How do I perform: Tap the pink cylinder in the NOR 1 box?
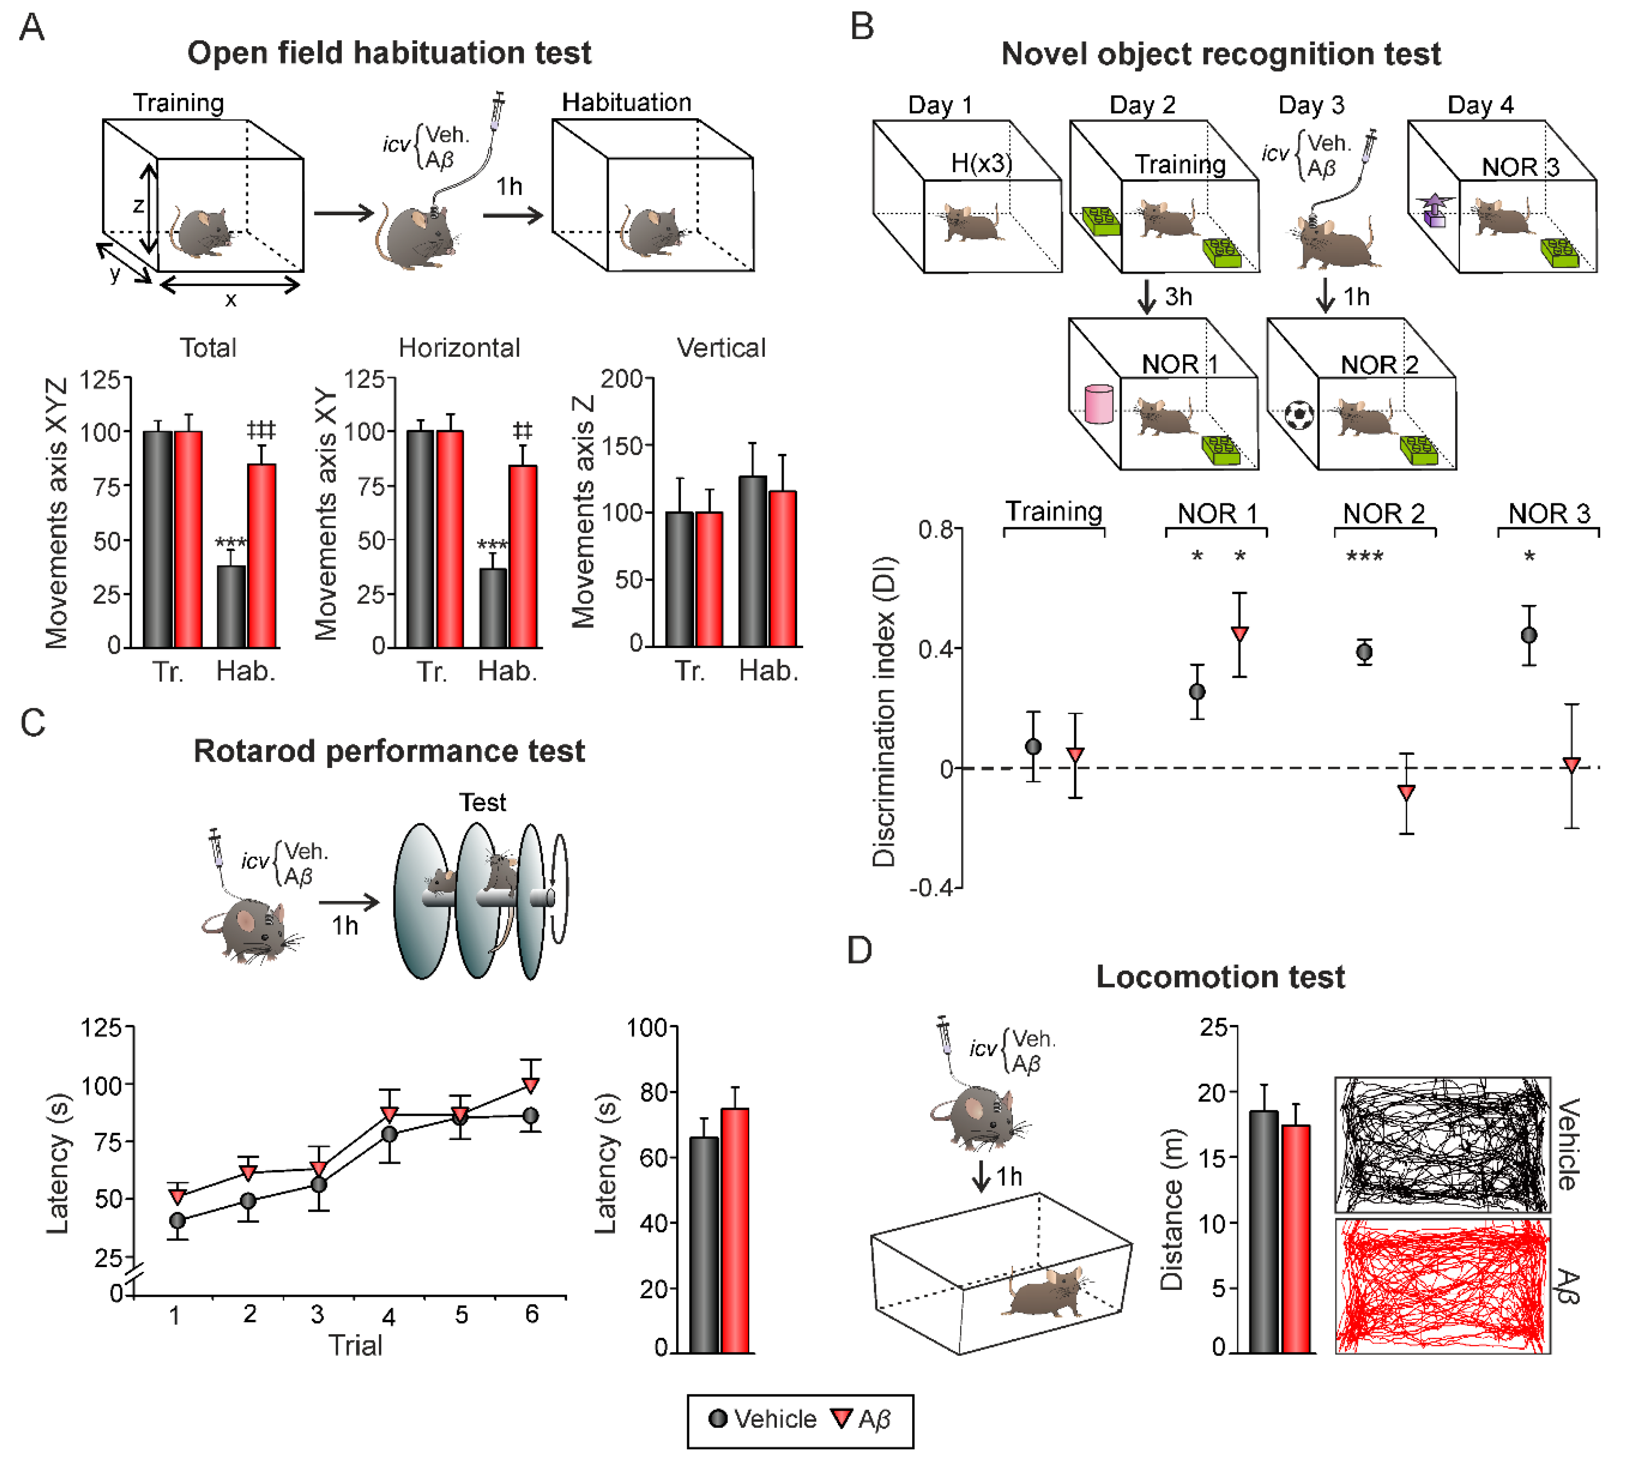pos(1099,404)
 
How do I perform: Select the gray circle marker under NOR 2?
pos(1364,652)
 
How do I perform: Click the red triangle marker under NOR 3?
pos(1571,764)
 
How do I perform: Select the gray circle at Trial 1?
pos(178,1220)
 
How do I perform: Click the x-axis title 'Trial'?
pos(355,1346)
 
